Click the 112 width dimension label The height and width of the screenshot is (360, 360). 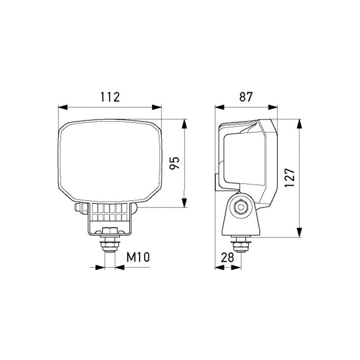click(110, 97)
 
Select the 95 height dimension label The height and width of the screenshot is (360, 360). click(174, 163)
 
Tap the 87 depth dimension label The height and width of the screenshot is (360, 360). click(246, 97)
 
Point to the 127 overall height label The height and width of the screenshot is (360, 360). click(289, 178)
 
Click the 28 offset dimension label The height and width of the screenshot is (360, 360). click(227, 257)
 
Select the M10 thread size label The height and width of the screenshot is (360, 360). click(138, 257)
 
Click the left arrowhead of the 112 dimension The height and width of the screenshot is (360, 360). click(63, 107)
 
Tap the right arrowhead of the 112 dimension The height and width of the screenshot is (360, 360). click(157, 107)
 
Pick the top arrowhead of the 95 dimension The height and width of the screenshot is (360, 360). click(184, 124)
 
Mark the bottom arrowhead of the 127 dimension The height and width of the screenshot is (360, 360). click(299, 232)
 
